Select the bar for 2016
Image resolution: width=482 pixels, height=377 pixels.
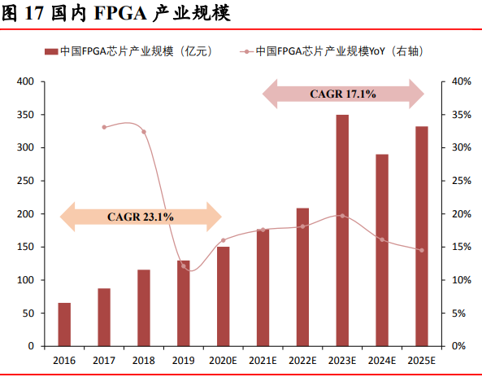[x=64, y=324]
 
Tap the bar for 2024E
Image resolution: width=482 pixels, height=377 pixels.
[x=382, y=250]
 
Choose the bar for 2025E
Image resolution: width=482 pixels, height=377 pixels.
[x=421, y=236]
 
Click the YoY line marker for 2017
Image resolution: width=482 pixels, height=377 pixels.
[x=104, y=127]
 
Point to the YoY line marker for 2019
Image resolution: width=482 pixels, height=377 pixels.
[x=184, y=266]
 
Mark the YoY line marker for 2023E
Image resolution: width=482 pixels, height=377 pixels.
[x=342, y=216]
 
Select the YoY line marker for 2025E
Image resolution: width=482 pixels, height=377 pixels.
[x=421, y=250]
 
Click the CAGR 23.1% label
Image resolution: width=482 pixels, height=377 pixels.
[x=140, y=217]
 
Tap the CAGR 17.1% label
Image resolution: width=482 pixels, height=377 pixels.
[x=343, y=94]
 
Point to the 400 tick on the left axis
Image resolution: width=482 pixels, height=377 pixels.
[x=25, y=81]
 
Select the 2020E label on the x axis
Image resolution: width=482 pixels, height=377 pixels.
[x=223, y=360]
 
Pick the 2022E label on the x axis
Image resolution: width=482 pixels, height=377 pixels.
[x=302, y=360]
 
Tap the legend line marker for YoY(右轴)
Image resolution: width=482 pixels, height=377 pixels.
[x=243, y=52]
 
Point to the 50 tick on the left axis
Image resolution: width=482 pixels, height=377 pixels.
[x=28, y=313]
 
